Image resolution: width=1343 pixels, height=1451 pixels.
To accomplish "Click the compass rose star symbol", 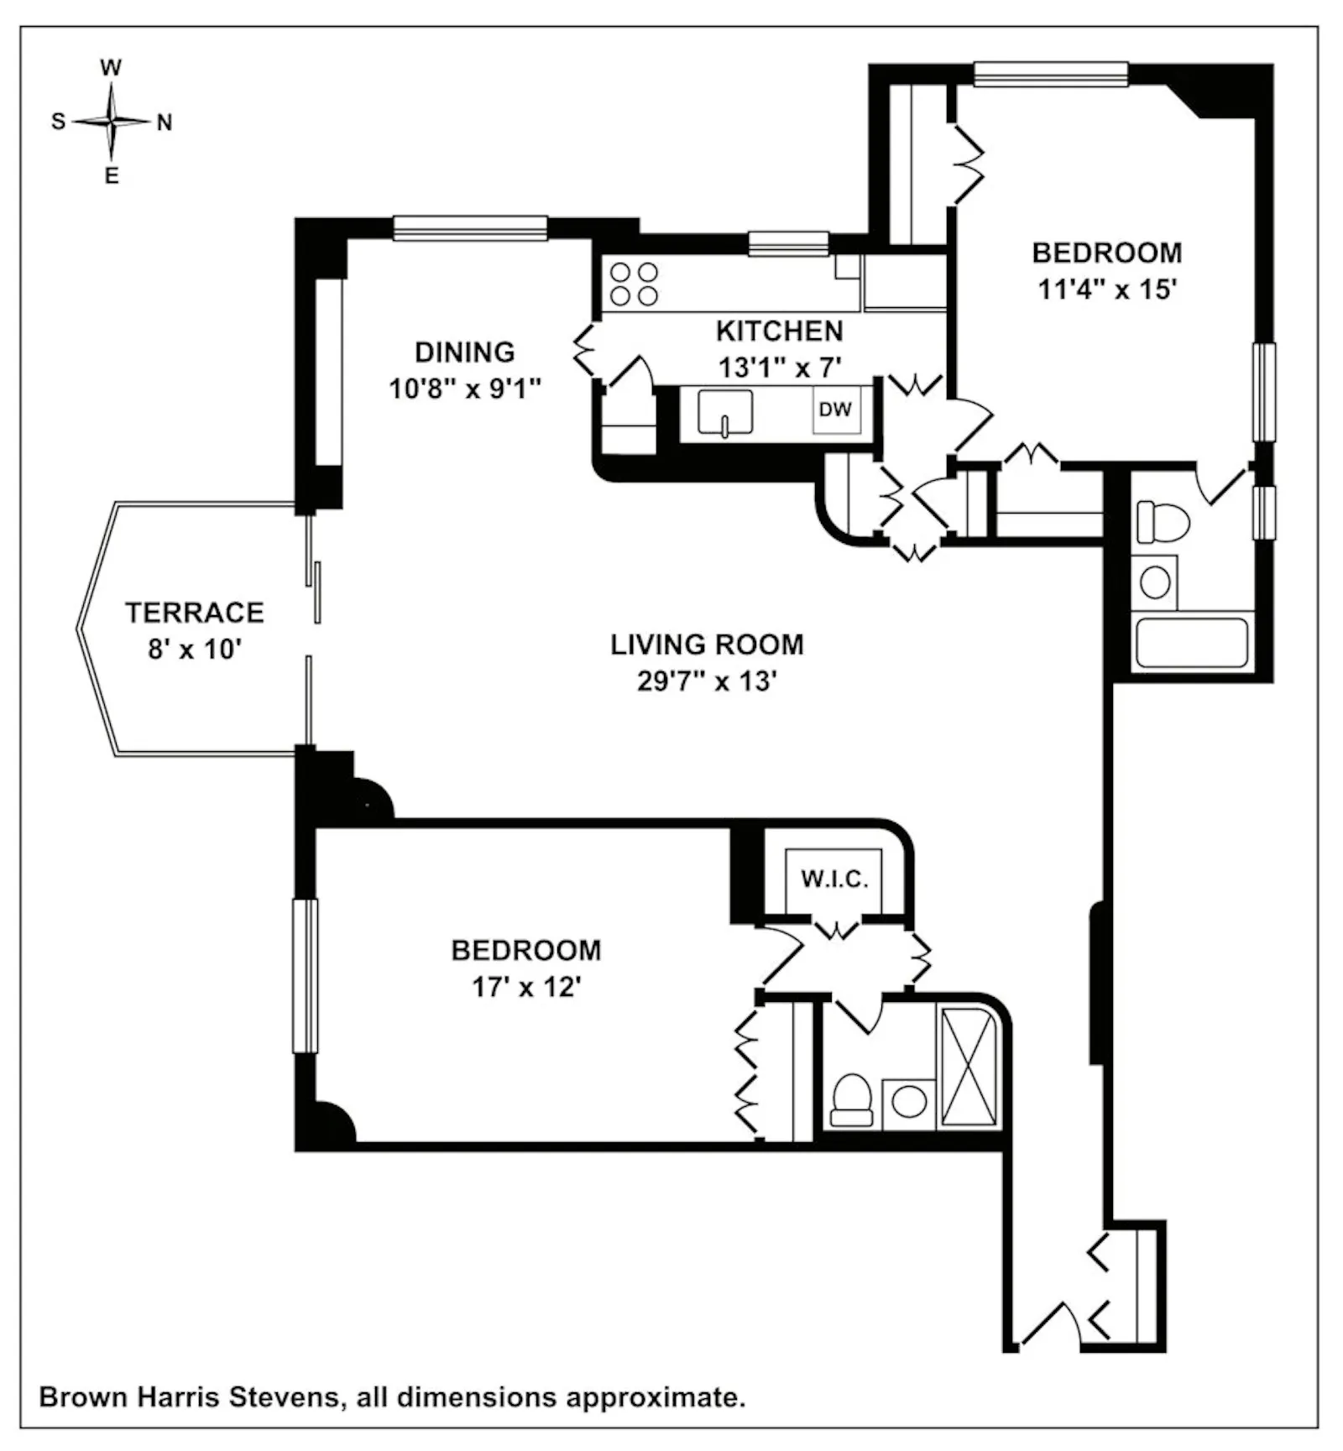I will [x=111, y=122].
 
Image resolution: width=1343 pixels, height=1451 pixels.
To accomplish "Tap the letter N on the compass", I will [x=165, y=123].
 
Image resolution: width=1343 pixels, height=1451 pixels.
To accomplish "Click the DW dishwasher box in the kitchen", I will [x=835, y=410].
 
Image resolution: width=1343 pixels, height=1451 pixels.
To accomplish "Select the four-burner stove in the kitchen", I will [x=634, y=284].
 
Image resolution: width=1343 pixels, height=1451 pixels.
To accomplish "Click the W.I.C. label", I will [x=834, y=879].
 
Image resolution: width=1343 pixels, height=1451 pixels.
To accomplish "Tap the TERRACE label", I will [x=195, y=613].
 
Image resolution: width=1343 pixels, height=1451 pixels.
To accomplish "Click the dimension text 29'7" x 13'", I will [x=707, y=681].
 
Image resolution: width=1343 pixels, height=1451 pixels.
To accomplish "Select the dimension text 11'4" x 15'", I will [x=1107, y=290].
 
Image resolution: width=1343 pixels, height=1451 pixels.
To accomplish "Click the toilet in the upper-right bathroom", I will [x=1163, y=522].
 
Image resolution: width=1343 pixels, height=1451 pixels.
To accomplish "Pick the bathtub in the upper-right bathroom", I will [x=1192, y=642].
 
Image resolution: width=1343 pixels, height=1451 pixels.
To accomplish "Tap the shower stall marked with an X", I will [x=968, y=1067].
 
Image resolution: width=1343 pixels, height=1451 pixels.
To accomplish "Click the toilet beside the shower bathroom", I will [x=852, y=1100].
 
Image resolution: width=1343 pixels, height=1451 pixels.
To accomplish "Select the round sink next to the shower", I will [x=909, y=1102].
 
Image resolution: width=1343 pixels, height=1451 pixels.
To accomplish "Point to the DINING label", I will [x=465, y=352].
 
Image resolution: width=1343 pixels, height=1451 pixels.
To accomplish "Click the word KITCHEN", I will [x=779, y=331].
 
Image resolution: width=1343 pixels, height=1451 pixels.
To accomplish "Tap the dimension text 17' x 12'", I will [x=526, y=987].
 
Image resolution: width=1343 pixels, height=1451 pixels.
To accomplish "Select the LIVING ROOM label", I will [x=707, y=645].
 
